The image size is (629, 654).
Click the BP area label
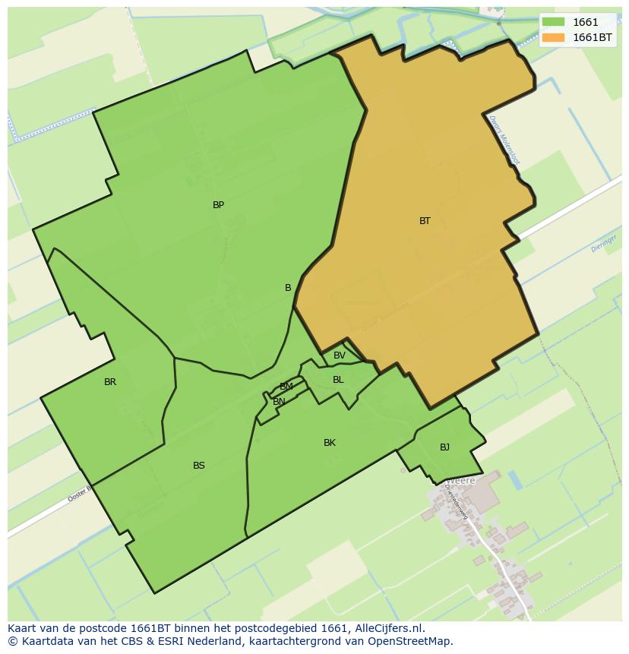(x=218, y=205)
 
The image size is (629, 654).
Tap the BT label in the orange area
(x=425, y=221)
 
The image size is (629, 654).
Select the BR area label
(x=110, y=382)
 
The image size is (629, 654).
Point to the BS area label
(x=199, y=466)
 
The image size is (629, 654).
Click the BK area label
(x=330, y=443)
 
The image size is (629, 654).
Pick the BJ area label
(x=444, y=447)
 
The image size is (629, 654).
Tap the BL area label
(x=338, y=380)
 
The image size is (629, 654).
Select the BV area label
(x=340, y=355)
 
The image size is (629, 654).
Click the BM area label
(x=286, y=387)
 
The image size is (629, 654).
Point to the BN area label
(x=279, y=402)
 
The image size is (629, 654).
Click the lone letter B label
(x=288, y=288)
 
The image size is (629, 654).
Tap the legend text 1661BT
(x=593, y=37)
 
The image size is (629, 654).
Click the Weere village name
(x=460, y=481)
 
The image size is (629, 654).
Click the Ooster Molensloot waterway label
(x=504, y=140)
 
